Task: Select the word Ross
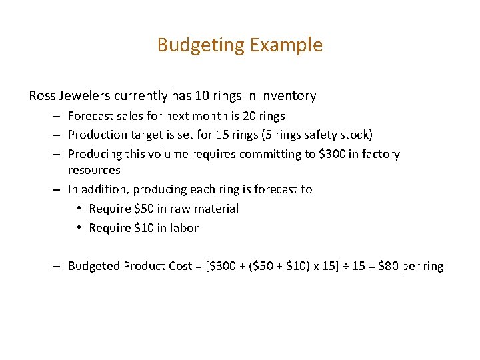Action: point(42,96)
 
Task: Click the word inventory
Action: point(288,96)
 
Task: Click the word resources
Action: point(94,170)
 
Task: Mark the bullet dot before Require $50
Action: point(79,209)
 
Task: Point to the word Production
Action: point(95,135)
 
